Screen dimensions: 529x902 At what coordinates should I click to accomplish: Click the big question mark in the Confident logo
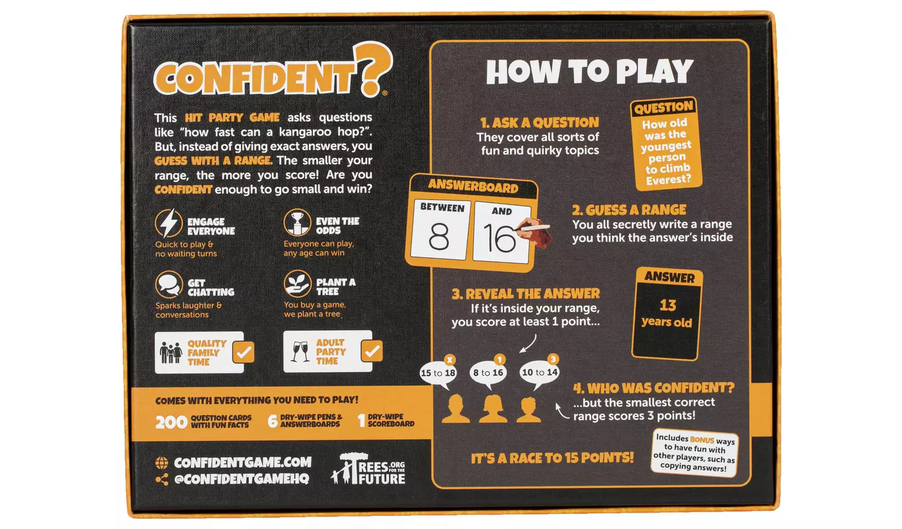click(x=373, y=67)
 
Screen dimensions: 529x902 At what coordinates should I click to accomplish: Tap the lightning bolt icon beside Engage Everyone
click(x=168, y=224)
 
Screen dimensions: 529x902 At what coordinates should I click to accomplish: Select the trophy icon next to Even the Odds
click(x=297, y=223)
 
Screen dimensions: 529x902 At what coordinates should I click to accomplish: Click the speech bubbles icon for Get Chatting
click(x=169, y=284)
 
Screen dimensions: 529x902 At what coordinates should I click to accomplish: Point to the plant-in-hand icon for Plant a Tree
click(x=297, y=284)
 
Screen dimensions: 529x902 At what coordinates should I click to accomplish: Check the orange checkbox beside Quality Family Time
click(x=244, y=352)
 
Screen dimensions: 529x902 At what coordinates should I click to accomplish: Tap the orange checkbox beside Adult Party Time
click(x=372, y=350)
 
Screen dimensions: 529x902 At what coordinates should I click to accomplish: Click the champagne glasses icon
click(x=299, y=351)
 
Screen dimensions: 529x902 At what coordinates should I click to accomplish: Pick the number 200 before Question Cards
click(x=171, y=422)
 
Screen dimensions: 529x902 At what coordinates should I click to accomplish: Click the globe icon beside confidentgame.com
click(x=162, y=463)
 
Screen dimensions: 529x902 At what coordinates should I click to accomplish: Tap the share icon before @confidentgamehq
click(x=162, y=479)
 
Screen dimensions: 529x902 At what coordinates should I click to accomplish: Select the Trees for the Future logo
click(x=369, y=469)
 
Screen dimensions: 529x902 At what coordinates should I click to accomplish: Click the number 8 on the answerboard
click(x=439, y=237)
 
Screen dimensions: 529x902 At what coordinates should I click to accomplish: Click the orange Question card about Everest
click(x=666, y=144)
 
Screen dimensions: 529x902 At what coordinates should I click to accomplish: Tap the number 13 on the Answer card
click(x=667, y=305)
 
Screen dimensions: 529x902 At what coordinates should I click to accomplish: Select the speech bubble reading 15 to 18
click(x=438, y=373)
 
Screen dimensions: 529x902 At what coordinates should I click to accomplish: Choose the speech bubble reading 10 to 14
click(x=539, y=373)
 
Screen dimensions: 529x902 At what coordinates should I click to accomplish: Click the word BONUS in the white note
click(x=702, y=439)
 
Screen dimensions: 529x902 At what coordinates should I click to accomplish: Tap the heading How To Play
click(x=589, y=72)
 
